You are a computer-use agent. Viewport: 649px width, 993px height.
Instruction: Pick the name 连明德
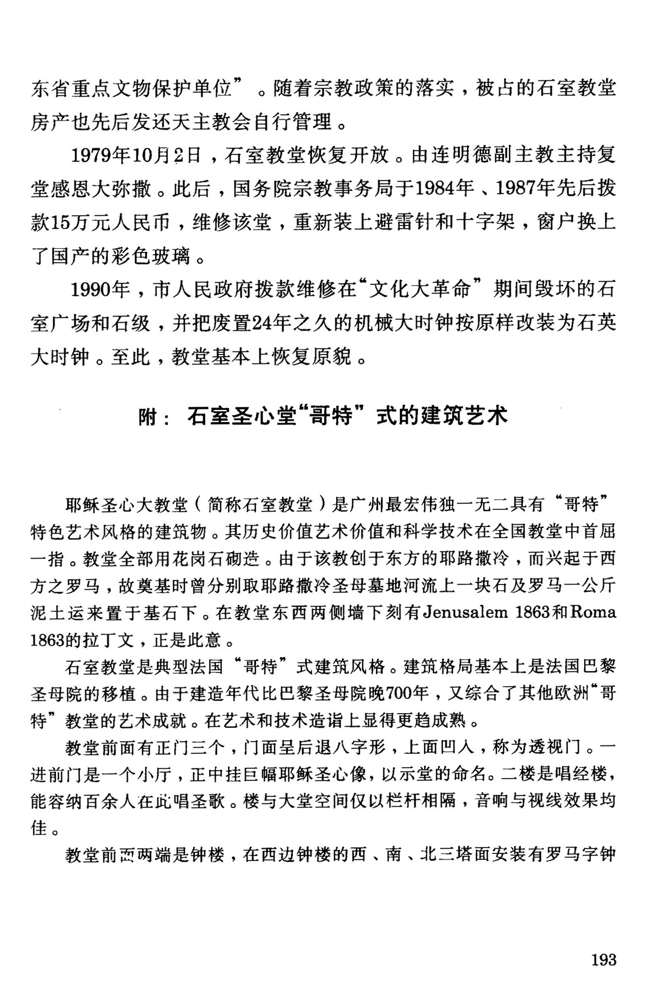(x=461, y=156)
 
